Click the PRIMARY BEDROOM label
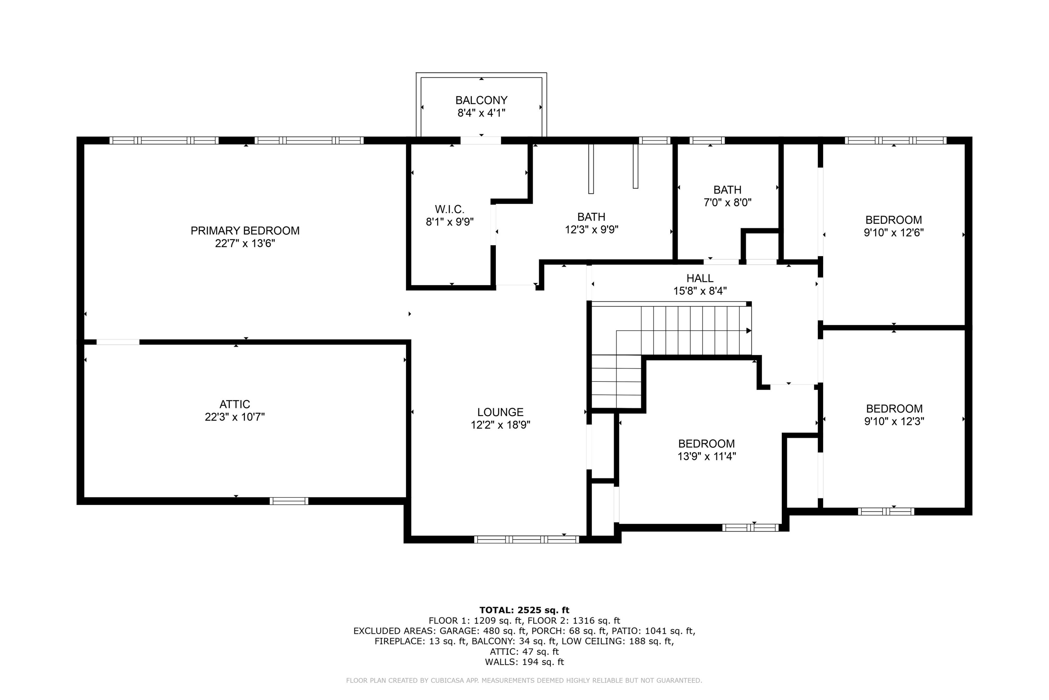tap(245, 231)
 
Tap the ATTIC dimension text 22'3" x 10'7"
tap(235, 417)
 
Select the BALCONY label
tap(481, 100)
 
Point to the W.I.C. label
tap(450, 209)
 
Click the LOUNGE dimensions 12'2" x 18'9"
tap(500, 425)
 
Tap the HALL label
tap(700, 278)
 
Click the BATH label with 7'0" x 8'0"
tap(727, 190)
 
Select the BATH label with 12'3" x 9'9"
tap(591, 217)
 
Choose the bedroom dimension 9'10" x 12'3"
tap(894, 421)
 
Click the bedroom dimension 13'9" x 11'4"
tap(706, 456)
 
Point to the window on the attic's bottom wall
tap(288, 501)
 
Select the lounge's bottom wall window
tap(526, 539)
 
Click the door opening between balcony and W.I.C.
tap(480, 141)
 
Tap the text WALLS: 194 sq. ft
tap(524, 662)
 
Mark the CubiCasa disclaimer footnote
tap(524, 681)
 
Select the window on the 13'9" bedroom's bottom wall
tap(751, 528)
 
